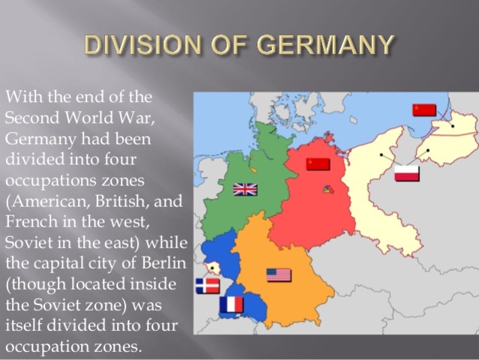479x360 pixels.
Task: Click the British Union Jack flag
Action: [245, 189]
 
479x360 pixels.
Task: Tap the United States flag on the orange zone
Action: [279, 275]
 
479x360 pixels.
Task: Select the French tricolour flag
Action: [232, 304]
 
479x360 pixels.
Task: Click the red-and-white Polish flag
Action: [407, 173]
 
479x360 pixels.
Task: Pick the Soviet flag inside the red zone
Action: [318, 164]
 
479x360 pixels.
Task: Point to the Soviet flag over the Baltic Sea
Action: [424, 109]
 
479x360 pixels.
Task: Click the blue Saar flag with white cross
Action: [207, 286]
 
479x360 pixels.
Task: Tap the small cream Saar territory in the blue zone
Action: [215, 268]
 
